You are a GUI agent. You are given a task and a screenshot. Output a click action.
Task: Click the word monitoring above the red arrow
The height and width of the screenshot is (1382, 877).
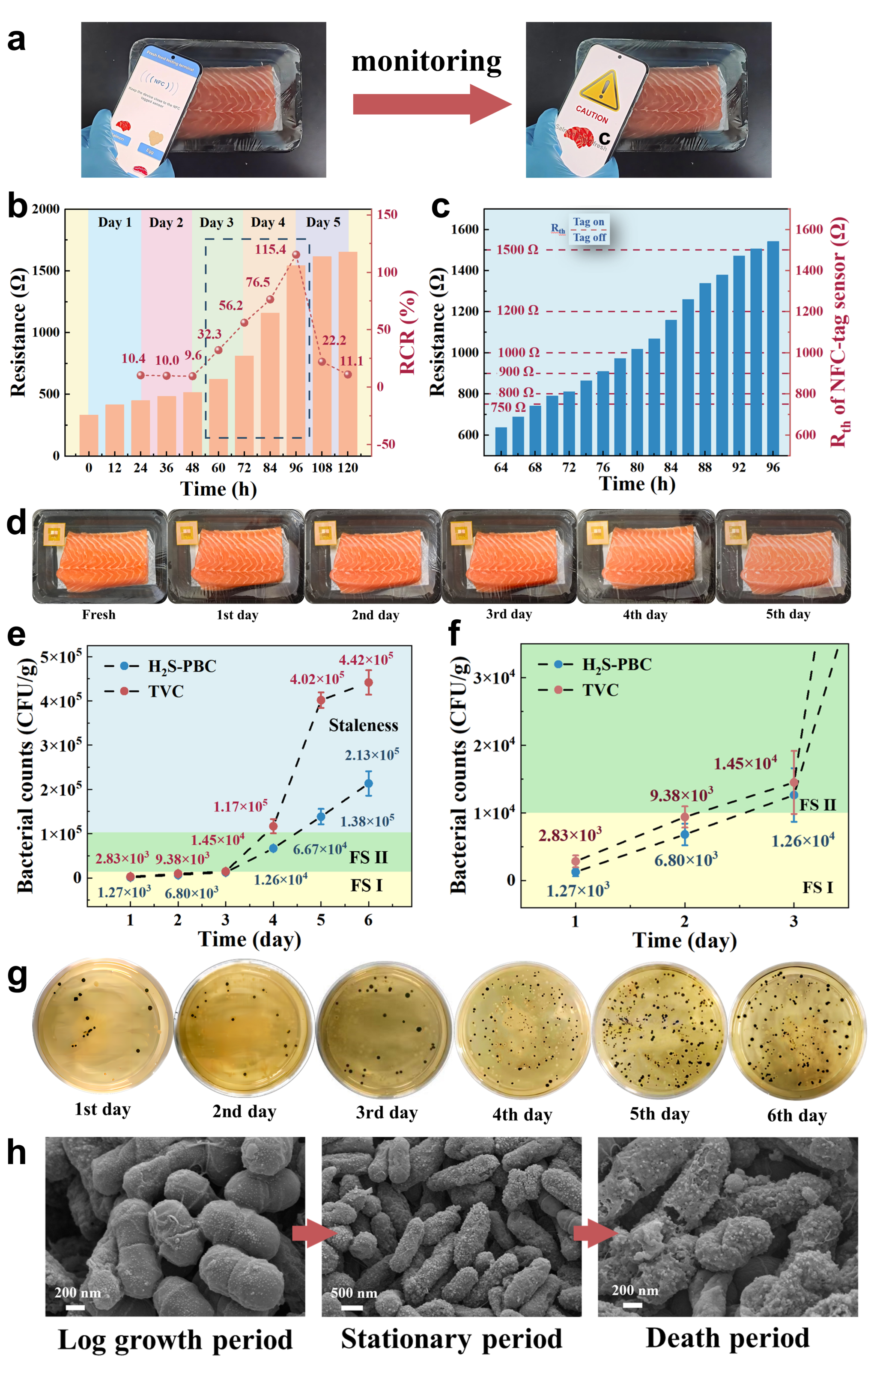click(426, 61)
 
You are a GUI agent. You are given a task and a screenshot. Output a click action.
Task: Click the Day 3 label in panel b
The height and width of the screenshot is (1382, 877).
click(217, 223)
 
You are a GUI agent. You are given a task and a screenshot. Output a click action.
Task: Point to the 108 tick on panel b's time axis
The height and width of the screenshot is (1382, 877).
click(322, 468)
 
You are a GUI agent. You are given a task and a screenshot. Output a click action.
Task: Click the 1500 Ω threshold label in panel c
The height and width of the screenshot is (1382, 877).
click(517, 250)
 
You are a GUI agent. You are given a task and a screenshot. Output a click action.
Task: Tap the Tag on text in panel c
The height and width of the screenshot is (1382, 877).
click(589, 222)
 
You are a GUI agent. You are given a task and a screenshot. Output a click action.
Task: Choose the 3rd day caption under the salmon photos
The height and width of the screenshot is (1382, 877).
click(509, 614)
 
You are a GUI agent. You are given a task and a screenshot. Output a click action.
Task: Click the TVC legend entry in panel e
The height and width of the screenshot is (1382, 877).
click(166, 691)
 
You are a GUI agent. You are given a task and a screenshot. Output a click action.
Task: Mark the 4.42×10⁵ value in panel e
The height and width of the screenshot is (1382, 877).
click(366, 659)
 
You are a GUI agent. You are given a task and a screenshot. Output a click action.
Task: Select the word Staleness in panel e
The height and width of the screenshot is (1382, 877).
click(363, 725)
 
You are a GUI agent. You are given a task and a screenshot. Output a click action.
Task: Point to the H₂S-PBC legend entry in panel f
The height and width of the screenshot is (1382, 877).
click(617, 665)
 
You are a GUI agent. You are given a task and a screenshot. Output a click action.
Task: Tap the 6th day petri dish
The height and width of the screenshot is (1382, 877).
click(797, 1032)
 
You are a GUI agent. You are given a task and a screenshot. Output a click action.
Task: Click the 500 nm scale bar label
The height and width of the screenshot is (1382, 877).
click(354, 1293)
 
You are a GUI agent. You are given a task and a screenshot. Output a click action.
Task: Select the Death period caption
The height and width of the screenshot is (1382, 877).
click(728, 1338)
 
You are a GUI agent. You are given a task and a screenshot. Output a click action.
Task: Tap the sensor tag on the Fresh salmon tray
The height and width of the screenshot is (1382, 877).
click(54, 534)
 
